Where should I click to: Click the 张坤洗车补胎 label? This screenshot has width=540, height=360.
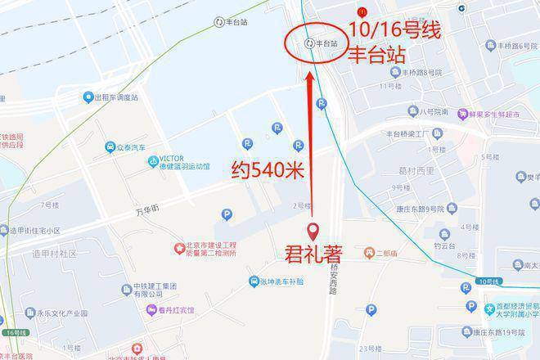tap(281, 281)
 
